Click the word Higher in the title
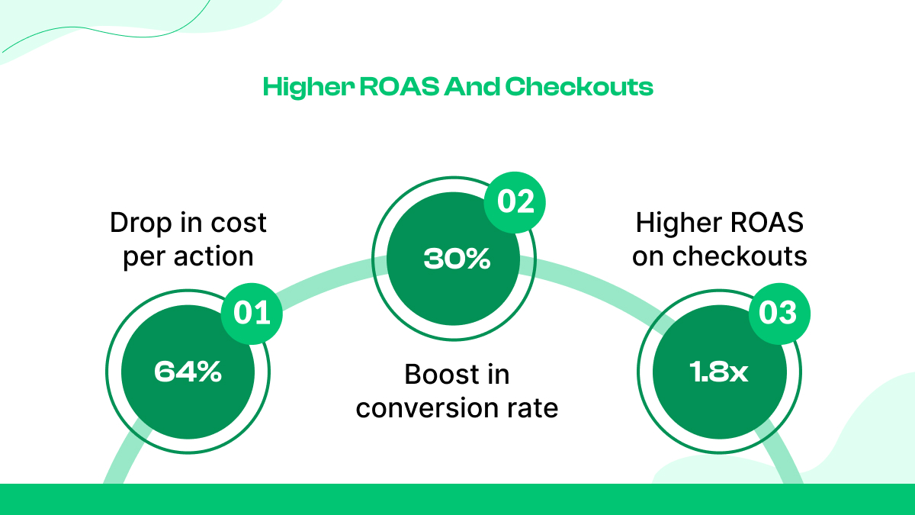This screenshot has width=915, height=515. [x=297, y=87]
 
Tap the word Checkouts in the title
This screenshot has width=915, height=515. [x=579, y=87]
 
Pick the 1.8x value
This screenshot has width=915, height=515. [x=719, y=372]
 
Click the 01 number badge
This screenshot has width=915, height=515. [x=252, y=314]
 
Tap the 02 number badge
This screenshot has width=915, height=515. [x=516, y=201]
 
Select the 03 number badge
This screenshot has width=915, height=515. [x=779, y=314]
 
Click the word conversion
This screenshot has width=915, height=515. [x=432, y=408]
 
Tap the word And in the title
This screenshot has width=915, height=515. [x=473, y=87]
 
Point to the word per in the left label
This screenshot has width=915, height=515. [x=143, y=257]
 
